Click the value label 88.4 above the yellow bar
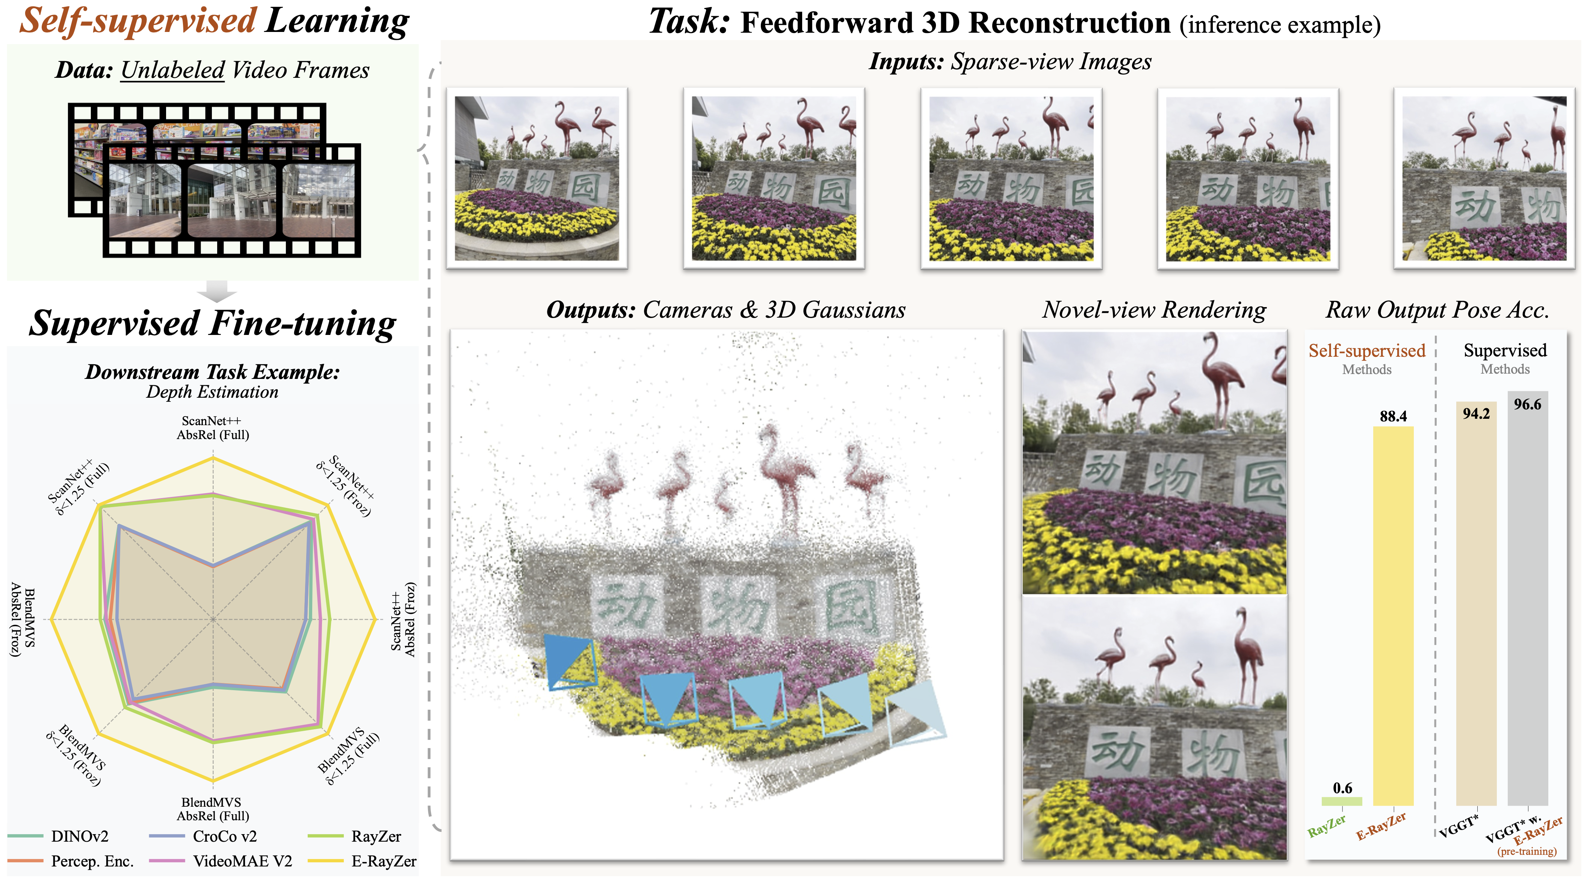(x=1393, y=417)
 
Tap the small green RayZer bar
(x=1342, y=801)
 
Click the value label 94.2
(x=1476, y=413)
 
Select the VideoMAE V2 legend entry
(x=242, y=861)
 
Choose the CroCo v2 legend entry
(x=224, y=836)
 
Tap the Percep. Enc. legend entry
(x=92, y=861)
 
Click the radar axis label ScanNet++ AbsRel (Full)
(x=212, y=428)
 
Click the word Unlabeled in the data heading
(x=172, y=70)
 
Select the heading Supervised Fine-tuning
(x=212, y=323)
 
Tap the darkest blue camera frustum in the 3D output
(x=569, y=662)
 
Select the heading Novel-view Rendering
(x=1154, y=309)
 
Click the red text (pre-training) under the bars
(x=1527, y=852)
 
